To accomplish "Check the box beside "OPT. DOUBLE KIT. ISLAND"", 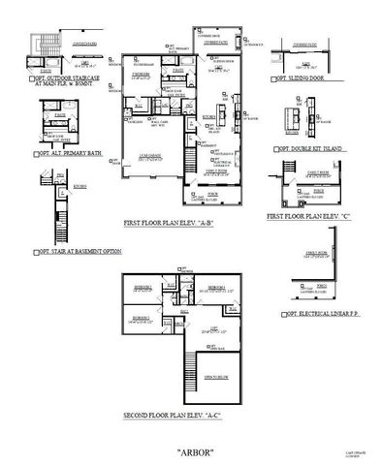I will pyautogui.click(x=278, y=150).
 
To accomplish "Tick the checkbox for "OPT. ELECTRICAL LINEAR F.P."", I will pyautogui.click(x=278, y=315).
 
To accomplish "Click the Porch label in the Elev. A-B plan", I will pyautogui.click(x=212, y=193).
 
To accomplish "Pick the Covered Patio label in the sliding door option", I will pyautogui.click(x=302, y=45).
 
